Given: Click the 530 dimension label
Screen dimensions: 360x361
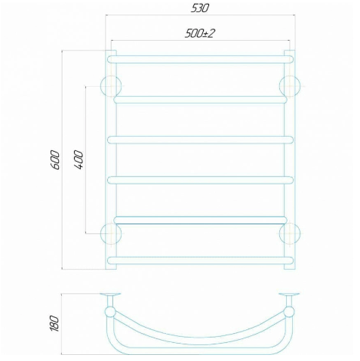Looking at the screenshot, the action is (200, 8).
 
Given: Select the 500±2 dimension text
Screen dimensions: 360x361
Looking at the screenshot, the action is (200, 33).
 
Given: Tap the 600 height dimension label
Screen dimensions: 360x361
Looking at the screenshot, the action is (55, 160).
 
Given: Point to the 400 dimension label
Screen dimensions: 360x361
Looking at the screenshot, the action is (78, 160).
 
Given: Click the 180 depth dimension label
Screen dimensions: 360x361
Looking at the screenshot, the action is (54, 323).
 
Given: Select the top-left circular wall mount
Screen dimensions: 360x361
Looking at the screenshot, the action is (111, 86).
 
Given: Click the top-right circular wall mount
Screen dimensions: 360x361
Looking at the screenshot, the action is (290, 86).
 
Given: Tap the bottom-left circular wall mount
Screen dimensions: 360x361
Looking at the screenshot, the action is (111, 233).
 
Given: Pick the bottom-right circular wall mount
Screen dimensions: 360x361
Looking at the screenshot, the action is (290, 233).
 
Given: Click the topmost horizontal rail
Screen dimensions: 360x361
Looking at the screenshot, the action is (200, 60).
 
